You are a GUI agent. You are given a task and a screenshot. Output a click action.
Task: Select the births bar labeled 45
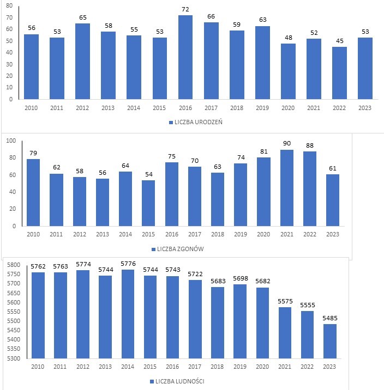(339, 73)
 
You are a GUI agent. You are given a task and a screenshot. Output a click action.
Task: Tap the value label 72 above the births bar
(185, 10)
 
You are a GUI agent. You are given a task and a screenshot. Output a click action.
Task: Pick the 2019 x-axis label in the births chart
(262, 108)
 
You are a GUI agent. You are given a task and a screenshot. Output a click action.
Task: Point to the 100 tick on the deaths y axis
(10, 141)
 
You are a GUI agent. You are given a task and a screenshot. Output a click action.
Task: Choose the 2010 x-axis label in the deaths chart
(33, 234)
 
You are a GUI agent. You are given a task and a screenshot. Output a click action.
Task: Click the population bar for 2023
(329, 341)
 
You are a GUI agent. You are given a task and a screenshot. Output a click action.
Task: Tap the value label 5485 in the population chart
(329, 318)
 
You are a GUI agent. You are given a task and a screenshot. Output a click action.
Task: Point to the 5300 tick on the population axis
(13, 358)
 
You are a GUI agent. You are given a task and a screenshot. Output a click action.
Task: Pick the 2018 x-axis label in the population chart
(218, 367)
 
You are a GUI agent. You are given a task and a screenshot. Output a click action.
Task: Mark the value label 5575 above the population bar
(285, 301)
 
